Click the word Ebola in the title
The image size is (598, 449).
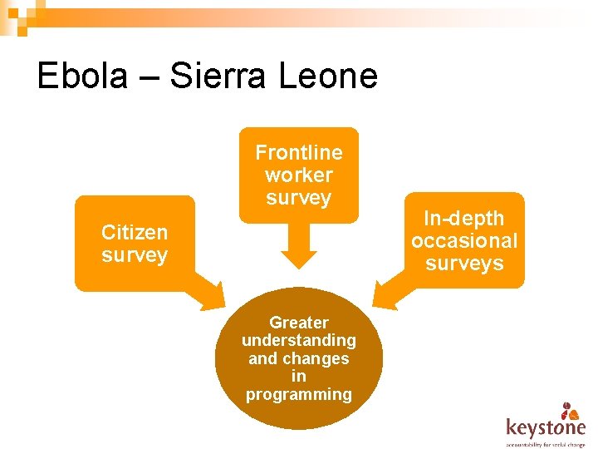[82, 76]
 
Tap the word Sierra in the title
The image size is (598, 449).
[218, 76]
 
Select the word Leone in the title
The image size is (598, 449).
[328, 76]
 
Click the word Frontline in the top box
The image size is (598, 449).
[299, 152]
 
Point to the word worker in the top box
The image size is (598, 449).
[299, 175]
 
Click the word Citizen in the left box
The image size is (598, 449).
[135, 232]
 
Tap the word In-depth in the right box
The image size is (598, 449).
[464, 219]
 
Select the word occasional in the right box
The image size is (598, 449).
[464, 241]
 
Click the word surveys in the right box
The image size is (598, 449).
[464, 264]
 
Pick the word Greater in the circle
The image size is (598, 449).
[299, 323]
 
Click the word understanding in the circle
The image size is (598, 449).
[299, 340]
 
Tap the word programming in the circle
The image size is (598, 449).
[299, 394]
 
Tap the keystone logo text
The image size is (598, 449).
[545, 427]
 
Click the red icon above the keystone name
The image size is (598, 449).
[569, 410]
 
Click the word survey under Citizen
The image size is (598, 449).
[135, 254]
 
